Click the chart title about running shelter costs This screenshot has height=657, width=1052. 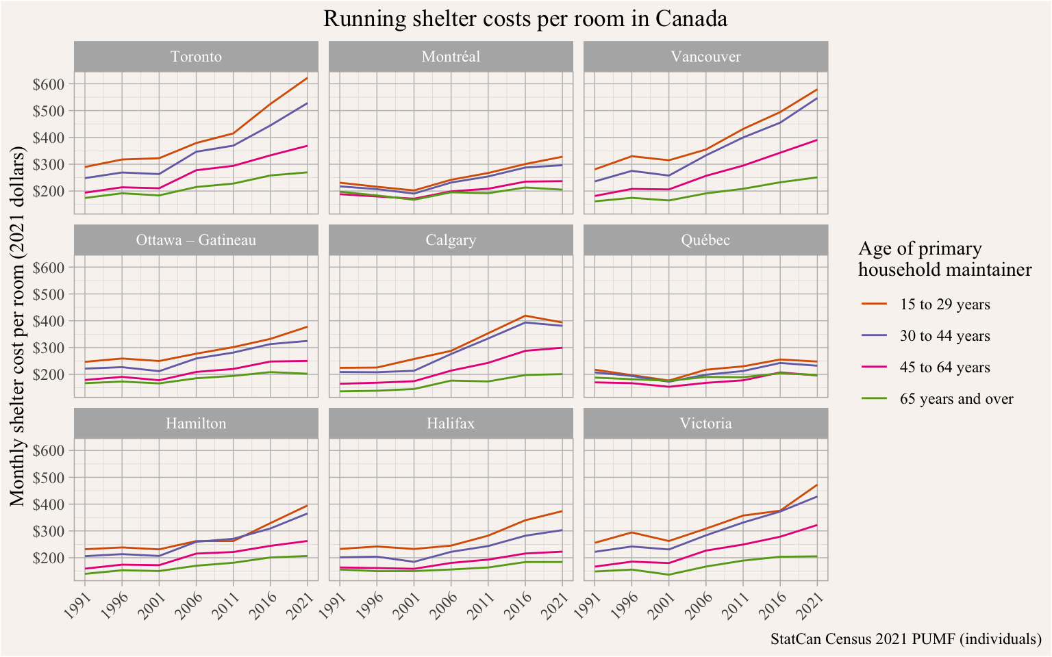tap(525, 19)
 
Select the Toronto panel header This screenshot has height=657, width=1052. tap(196, 56)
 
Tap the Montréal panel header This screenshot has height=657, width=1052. tap(451, 56)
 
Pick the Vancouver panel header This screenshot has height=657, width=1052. tap(705, 56)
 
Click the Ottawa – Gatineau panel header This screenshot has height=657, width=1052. tap(196, 240)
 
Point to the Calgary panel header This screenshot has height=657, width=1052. tap(451, 240)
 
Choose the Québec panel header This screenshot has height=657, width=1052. tap(705, 240)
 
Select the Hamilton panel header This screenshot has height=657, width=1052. tap(196, 424)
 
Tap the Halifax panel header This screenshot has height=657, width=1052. tap(451, 424)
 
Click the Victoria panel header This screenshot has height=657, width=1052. tap(705, 424)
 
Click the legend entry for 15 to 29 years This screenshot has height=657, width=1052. tap(944, 305)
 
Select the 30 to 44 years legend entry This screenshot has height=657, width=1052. tap(944, 336)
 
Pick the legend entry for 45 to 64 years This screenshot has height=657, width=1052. tap(944, 368)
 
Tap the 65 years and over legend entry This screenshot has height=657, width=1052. tap(956, 399)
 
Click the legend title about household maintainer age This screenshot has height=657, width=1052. tap(944, 259)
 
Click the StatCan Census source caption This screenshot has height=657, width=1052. tap(905, 639)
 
